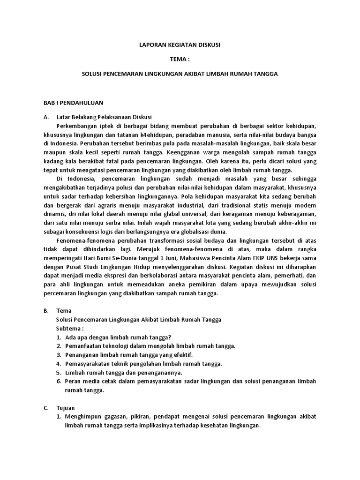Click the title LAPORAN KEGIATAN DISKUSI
pyautogui.click(x=180, y=45)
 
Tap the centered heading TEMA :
pyautogui.click(x=180, y=60)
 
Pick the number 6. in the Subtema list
pyautogui.click(x=59, y=382)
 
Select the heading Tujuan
pyautogui.click(x=66, y=408)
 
